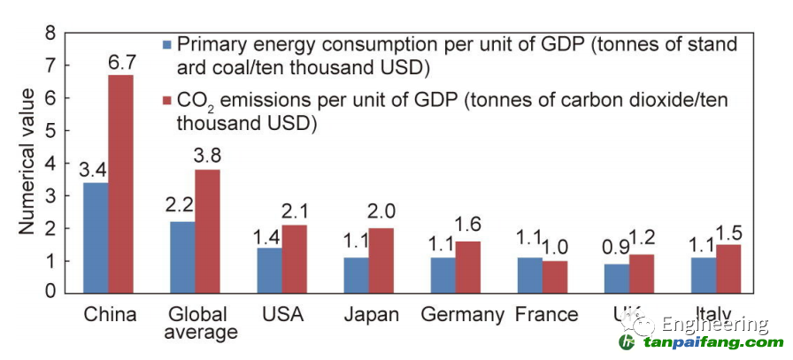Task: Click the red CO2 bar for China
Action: (x=120, y=183)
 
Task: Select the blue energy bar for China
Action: (x=96, y=237)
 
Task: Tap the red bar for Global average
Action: (x=207, y=231)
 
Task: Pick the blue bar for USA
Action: (x=269, y=270)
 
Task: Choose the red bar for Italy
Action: (x=728, y=268)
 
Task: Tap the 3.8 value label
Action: (x=207, y=156)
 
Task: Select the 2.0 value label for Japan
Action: (x=381, y=214)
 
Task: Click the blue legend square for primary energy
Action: (x=166, y=43)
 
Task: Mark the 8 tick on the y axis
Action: (x=50, y=34)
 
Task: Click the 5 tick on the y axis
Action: (x=50, y=131)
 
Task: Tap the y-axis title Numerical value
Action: (x=27, y=162)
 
